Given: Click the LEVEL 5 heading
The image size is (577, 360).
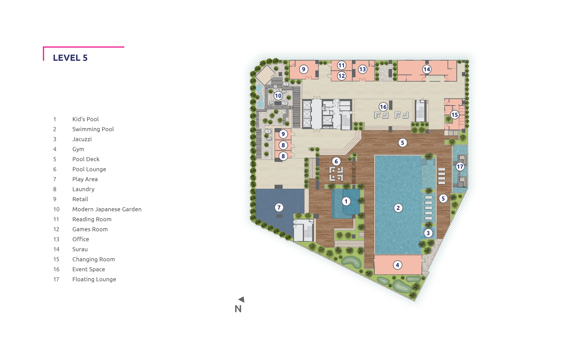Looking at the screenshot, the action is pyautogui.click(x=70, y=58).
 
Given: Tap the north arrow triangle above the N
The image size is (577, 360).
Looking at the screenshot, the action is pyautogui.click(x=242, y=299).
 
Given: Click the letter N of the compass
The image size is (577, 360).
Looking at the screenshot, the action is pyautogui.click(x=238, y=309).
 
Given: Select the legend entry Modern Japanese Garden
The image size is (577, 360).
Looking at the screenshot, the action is pyautogui.click(x=107, y=209).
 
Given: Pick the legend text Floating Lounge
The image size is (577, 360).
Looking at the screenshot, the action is pyautogui.click(x=94, y=279).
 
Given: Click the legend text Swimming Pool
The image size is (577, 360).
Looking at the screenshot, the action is pyautogui.click(x=93, y=129).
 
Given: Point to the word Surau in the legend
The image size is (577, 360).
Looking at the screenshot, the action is pyautogui.click(x=80, y=249).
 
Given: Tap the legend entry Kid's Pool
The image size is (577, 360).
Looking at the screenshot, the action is pyautogui.click(x=85, y=119).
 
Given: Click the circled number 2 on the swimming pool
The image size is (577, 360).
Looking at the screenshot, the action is pyautogui.click(x=398, y=208).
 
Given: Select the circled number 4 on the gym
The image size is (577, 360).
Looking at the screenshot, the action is pyautogui.click(x=398, y=265).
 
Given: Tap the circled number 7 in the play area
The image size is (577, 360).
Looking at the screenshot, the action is pyautogui.click(x=279, y=207).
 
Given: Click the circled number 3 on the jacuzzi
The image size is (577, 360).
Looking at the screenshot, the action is pyautogui.click(x=428, y=233).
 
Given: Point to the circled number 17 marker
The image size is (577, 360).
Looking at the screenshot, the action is pyautogui.click(x=460, y=166).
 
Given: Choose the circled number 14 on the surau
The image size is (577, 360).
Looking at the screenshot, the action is pyautogui.click(x=427, y=69).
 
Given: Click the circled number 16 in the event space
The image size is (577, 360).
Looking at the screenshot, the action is pyautogui.click(x=383, y=107).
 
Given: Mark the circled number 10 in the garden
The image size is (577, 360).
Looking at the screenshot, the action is pyautogui.click(x=278, y=96).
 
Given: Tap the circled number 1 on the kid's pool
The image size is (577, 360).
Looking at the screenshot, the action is pyautogui.click(x=346, y=201).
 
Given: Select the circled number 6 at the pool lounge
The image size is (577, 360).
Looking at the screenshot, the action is pyautogui.click(x=336, y=161).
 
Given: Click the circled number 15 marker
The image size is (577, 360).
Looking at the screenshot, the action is pyautogui.click(x=455, y=114).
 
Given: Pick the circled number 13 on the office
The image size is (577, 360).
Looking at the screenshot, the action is pyautogui.click(x=363, y=69).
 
